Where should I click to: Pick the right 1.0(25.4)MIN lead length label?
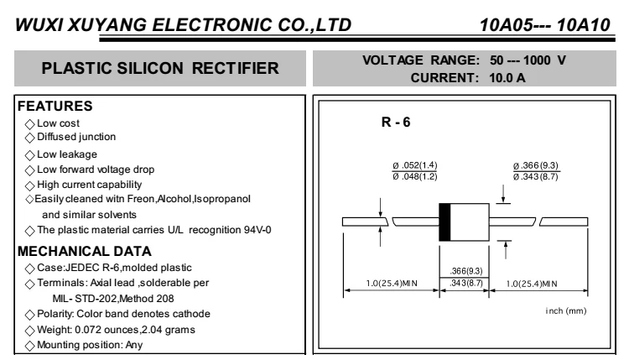click(538, 283)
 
